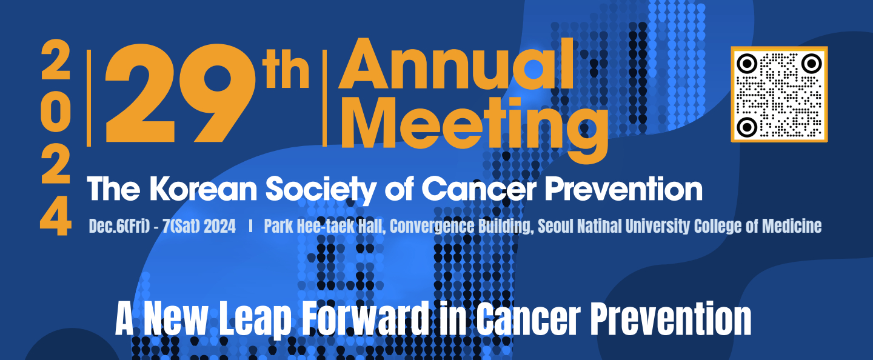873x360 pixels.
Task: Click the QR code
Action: point(779,95)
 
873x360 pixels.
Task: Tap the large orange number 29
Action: point(180,96)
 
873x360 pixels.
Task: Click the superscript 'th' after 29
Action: point(286,72)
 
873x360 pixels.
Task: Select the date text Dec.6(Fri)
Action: point(119,226)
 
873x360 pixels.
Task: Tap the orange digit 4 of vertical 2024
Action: point(56,216)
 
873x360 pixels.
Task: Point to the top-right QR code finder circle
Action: point(811,64)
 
